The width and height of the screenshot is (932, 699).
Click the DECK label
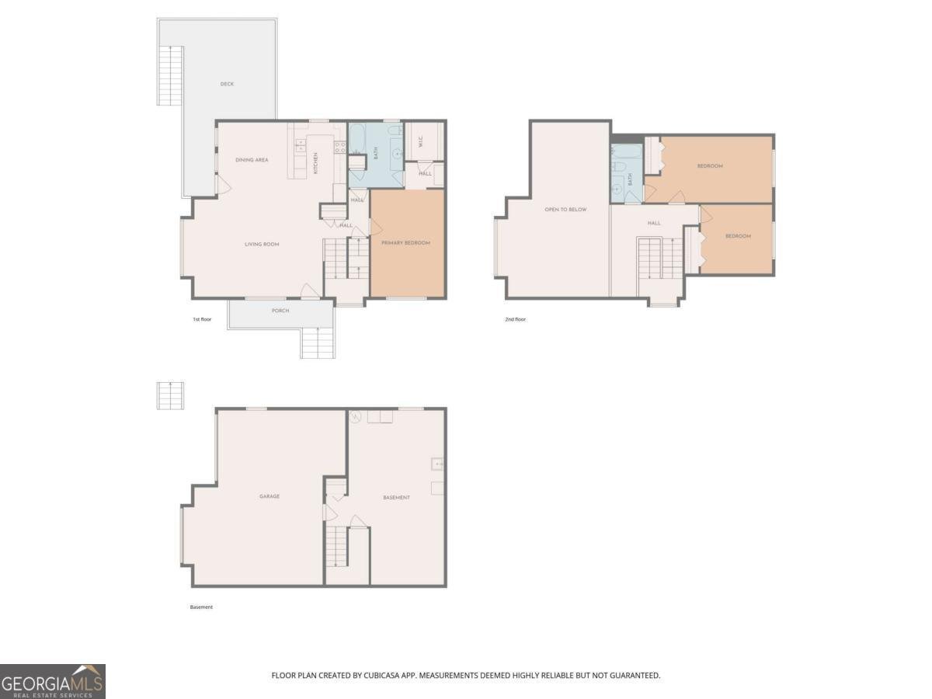pos(227,84)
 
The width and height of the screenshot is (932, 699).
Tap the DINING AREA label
pos(252,160)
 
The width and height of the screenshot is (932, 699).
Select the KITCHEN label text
pos(315,162)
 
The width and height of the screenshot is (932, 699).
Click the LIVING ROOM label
pos(262,245)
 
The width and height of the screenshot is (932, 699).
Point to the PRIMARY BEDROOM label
pos(405,243)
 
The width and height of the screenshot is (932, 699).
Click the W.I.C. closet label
pos(420,142)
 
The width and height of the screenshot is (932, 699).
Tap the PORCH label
pos(280,311)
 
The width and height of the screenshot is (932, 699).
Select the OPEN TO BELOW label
pos(565,210)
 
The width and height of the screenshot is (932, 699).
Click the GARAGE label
pos(270,496)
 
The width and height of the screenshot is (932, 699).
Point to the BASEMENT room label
pos(396,497)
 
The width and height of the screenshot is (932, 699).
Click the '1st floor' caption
pos(202,319)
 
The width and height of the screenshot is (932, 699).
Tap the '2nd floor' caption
pos(515,319)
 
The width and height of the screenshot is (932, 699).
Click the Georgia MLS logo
pos(53,681)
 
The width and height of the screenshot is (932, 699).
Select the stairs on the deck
pos(171,75)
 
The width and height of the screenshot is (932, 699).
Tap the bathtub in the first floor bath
pos(360,140)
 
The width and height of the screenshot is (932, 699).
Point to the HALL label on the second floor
pos(654,223)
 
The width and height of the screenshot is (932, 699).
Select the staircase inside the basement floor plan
pos(336,546)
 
